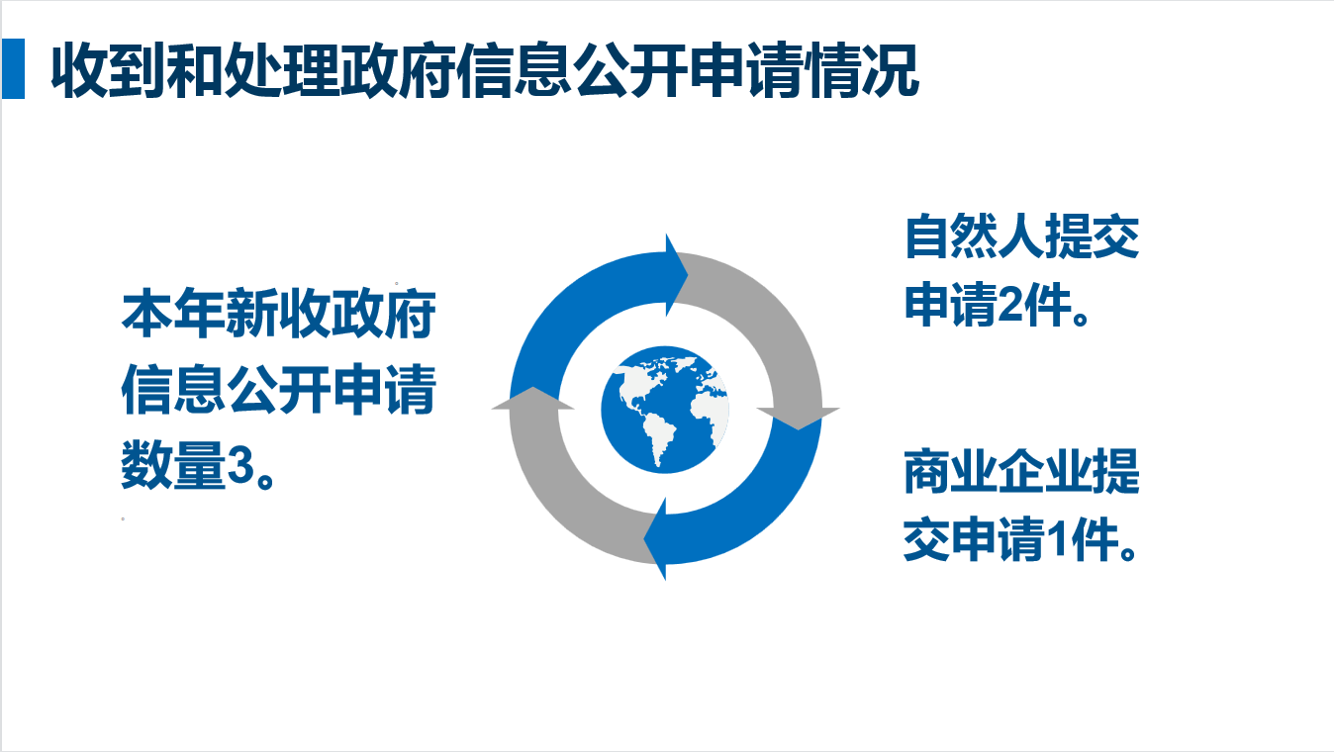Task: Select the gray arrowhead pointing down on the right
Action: tap(799, 417)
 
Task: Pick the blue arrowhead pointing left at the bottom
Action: tap(656, 540)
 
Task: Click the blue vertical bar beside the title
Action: tap(13, 69)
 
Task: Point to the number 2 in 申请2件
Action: tap(1007, 308)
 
